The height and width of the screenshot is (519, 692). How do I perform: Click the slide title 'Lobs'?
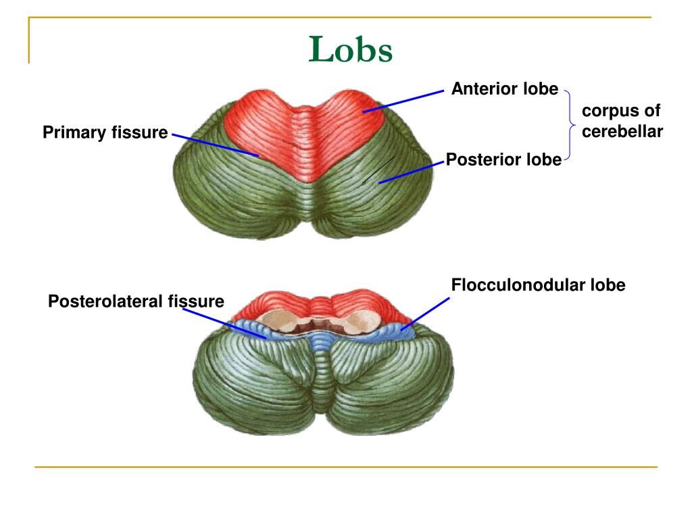point(351,50)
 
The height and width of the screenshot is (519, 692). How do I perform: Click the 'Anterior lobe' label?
point(505,89)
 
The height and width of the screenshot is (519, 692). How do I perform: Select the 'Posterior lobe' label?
point(503,159)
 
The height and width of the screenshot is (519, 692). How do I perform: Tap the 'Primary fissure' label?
point(105,132)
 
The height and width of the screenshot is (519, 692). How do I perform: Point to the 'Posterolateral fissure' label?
point(136,301)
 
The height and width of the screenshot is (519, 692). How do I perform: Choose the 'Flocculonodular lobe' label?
point(538,285)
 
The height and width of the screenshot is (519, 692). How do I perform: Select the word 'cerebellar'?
point(622,131)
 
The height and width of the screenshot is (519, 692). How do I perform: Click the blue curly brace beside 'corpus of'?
point(570,124)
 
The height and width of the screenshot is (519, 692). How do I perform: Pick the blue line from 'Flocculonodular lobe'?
point(425,313)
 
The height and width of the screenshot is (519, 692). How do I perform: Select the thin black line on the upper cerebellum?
point(378,169)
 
